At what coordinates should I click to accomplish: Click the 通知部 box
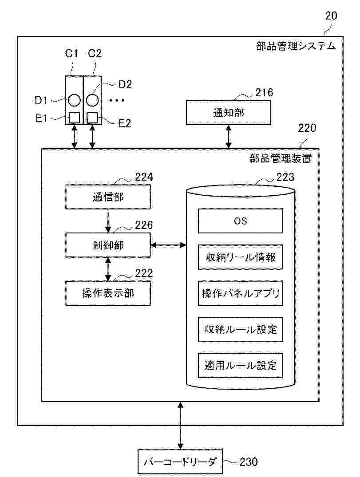228,113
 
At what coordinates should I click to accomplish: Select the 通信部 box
108,197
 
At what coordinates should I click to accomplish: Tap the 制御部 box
108,244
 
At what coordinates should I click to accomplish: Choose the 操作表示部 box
108,293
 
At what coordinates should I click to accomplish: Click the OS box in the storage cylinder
240,221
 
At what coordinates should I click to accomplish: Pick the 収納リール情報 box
240,257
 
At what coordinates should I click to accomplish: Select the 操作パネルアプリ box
240,293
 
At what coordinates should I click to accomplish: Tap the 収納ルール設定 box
240,329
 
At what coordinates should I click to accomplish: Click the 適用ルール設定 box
240,365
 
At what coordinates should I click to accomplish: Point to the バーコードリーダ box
180,462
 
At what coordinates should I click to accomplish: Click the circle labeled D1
74,100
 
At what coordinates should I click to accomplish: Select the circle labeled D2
92,100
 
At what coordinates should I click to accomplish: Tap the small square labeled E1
74,118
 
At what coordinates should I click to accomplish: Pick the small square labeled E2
92,118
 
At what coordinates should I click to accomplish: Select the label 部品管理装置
281,158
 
